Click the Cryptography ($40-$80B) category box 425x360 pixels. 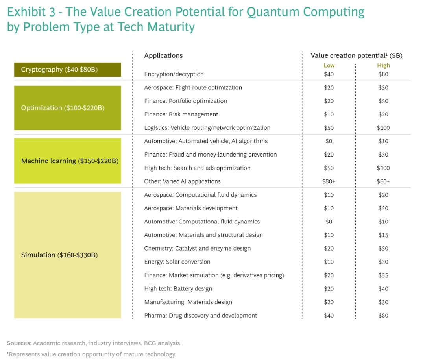(67, 70)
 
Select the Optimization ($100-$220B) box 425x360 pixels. (67, 108)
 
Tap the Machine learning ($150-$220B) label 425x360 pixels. (70, 161)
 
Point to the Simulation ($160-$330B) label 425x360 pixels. (59, 255)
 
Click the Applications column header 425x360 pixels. (163, 55)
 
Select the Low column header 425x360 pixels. (329, 65)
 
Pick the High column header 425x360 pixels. (383, 65)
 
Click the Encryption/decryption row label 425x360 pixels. (174, 74)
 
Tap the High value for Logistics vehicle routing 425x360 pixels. (383, 128)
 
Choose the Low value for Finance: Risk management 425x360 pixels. (329, 114)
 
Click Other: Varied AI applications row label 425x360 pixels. (182, 181)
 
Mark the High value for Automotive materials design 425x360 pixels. (383, 235)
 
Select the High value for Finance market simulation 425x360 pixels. (383, 275)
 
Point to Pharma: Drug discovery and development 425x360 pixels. (201, 316)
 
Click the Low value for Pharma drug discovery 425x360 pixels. (329, 316)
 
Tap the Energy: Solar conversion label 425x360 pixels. (177, 262)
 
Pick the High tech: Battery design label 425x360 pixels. (178, 289)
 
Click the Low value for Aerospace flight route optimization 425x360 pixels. (329, 88)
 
